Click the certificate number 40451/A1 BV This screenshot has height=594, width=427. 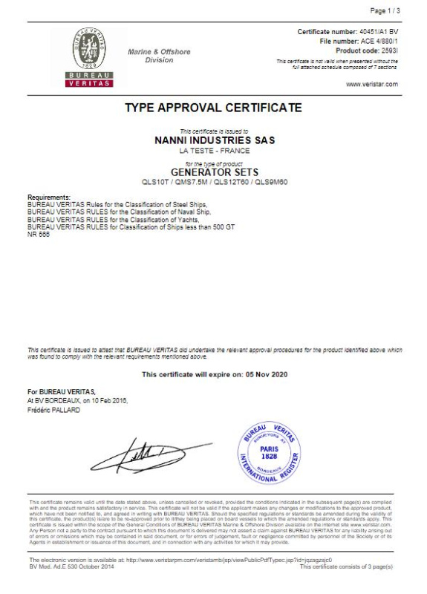(374, 33)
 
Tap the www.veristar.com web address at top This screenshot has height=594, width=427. (371, 84)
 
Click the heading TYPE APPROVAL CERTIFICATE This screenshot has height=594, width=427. (213, 108)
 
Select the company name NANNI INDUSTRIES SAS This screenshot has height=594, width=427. (213, 139)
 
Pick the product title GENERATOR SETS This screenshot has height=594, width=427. (213, 170)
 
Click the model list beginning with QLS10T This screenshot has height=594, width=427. (213, 180)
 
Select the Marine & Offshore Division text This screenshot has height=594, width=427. (159, 56)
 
